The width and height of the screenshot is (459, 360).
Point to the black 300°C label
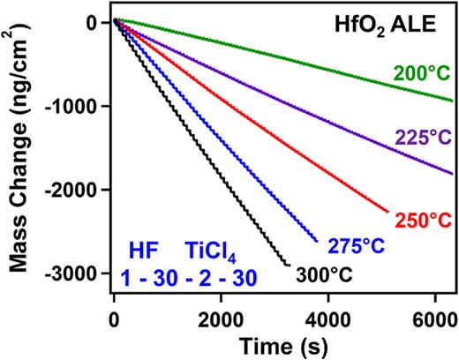click(324, 274)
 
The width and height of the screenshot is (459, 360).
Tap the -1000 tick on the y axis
click(76, 107)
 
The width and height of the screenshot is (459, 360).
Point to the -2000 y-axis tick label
click(76, 191)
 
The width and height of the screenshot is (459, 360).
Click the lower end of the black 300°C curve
click(287, 264)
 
